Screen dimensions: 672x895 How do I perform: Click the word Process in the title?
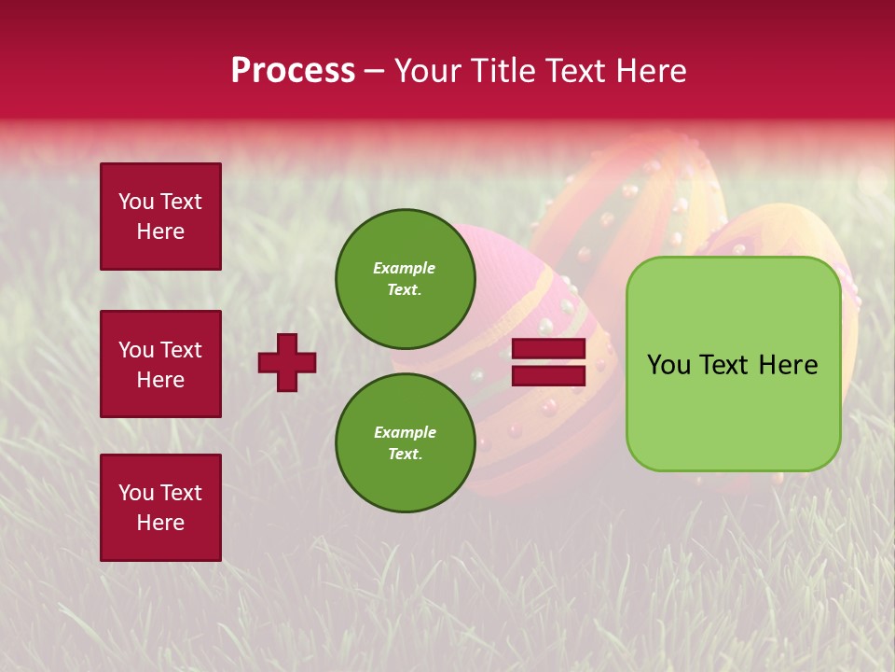293,71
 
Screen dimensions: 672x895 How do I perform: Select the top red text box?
160,217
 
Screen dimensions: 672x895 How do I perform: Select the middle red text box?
160,364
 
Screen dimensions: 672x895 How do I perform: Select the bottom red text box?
160,507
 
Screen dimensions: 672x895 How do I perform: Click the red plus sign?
287,362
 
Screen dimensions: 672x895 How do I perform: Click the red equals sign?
548,362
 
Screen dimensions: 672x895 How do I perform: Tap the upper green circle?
405,279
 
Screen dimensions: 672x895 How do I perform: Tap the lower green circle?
405,442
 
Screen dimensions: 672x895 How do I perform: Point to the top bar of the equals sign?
548,349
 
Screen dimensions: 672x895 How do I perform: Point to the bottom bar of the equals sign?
548,375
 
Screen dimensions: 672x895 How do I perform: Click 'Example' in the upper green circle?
405,268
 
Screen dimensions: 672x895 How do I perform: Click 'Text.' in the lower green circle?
405,455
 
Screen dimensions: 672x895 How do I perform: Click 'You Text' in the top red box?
160,202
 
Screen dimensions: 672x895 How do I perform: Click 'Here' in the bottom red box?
160,523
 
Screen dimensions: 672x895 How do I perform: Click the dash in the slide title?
374,72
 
